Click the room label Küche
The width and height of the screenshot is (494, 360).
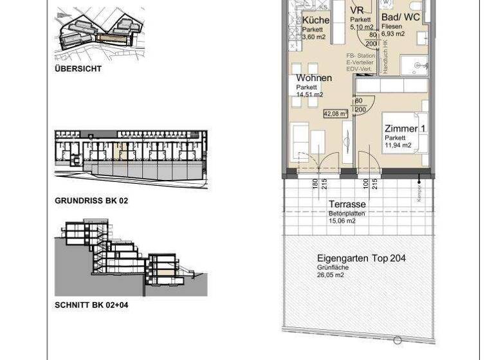316,20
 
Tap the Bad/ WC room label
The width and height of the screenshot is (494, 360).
401,17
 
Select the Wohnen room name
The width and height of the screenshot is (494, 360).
314,78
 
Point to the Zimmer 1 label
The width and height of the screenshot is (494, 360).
405,129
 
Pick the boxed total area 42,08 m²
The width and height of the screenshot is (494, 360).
335,113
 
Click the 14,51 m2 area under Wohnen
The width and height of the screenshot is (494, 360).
309,94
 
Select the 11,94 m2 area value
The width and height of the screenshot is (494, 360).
398,145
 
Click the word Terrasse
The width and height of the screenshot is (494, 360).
347,204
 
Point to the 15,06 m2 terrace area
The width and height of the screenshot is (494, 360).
342,221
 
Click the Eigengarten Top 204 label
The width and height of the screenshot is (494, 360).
361,258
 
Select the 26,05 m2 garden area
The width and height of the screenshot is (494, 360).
330,275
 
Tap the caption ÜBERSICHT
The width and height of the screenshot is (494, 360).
78,69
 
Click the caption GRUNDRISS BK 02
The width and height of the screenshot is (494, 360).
91,201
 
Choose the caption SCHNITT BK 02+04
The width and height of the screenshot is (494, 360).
91,305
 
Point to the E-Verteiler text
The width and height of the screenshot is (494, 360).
361,63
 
